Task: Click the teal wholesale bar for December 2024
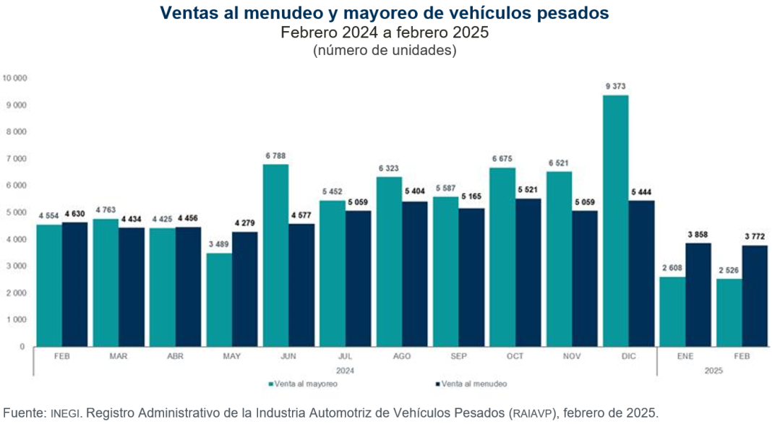point(616,220)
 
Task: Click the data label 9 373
point(616,87)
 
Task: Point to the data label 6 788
point(276,155)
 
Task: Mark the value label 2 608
point(672,268)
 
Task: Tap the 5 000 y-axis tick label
point(17,212)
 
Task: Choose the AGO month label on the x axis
point(402,356)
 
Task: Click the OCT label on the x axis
point(515,356)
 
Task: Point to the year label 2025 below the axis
point(712,370)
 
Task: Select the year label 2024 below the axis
point(345,370)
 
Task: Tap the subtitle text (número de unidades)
point(385,51)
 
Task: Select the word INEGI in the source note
point(62,413)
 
